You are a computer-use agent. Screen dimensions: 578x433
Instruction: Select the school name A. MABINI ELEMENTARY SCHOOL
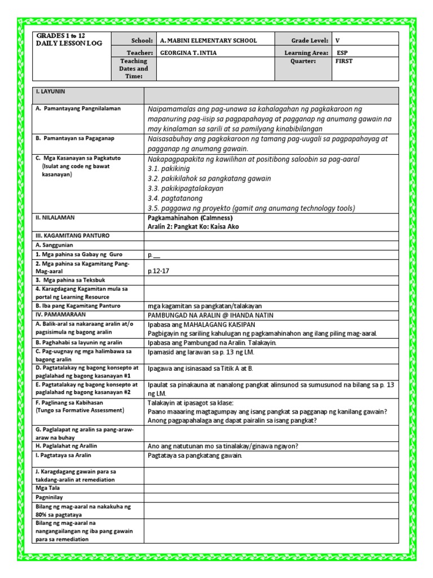pyautogui.click(x=208, y=41)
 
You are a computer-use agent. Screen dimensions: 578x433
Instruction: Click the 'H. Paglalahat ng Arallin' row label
pyautogui.click(x=67, y=445)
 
